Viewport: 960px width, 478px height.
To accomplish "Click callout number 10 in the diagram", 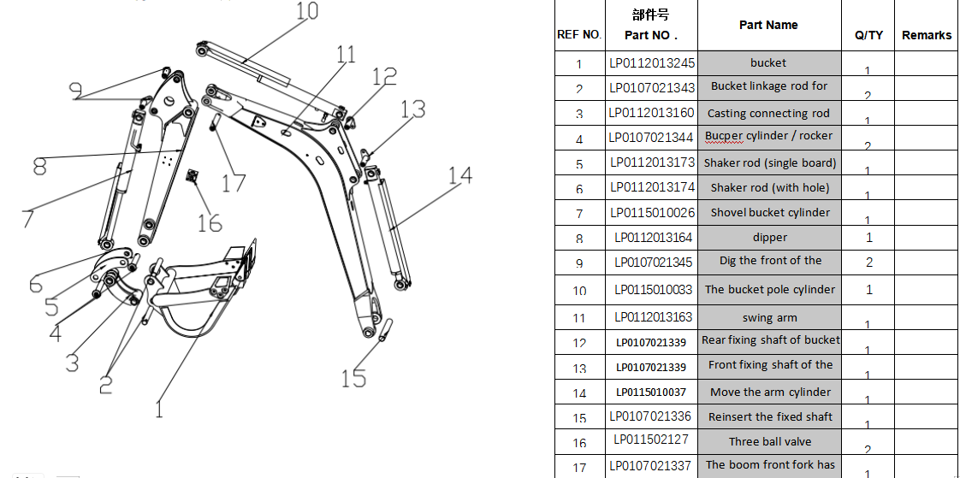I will [x=305, y=11].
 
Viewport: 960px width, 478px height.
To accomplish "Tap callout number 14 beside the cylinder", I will [x=459, y=176].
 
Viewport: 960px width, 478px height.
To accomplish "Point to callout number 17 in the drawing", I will [x=234, y=183].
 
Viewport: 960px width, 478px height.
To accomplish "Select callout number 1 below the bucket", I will [x=159, y=410].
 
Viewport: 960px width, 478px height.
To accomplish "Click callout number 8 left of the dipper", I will [x=39, y=166].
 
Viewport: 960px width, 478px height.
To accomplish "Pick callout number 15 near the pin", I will [x=353, y=378].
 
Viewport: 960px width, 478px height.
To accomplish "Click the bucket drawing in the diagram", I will [x=201, y=295].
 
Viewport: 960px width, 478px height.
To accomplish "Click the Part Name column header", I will [x=768, y=26].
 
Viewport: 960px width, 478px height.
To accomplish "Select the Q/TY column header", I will [x=868, y=35].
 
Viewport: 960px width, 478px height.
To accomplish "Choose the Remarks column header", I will [x=926, y=35].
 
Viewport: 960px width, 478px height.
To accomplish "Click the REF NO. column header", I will [x=579, y=35].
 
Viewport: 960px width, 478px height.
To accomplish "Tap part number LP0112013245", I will [x=652, y=63].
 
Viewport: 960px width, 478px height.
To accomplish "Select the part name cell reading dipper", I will [x=769, y=238].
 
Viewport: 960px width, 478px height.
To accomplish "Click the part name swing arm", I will [x=769, y=318].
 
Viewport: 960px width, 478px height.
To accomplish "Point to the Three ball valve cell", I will [x=769, y=442].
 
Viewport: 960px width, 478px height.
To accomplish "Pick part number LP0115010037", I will [x=652, y=392].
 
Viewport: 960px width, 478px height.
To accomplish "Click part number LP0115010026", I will [x=652, y=213].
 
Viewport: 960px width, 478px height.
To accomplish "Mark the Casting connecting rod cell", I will [x=768, y=113].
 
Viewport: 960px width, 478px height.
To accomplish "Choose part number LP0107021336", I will [x=652, y=417].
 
